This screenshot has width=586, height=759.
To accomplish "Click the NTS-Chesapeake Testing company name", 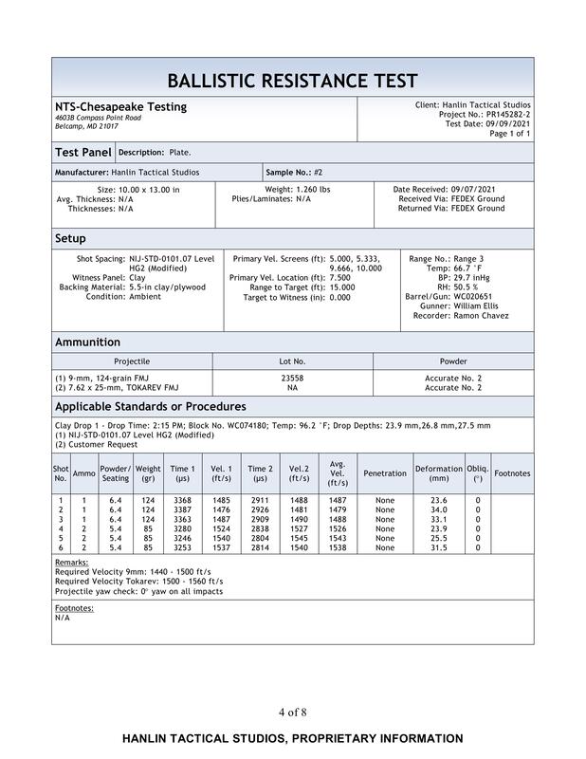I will click(x=120, y=106).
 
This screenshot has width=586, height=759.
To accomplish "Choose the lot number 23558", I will click(x=292, y=378).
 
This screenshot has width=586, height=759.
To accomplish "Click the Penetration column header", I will click(x=384, y=473).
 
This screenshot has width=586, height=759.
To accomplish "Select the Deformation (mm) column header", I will click(x=438, y=473).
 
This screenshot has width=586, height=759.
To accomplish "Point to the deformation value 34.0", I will click(x=438, y=509).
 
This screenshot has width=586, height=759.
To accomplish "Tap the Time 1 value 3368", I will click(x=182, y=500).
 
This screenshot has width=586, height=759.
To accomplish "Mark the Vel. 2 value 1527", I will click(x=299, y=528).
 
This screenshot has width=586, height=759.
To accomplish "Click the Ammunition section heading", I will click(x=88, y=342).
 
